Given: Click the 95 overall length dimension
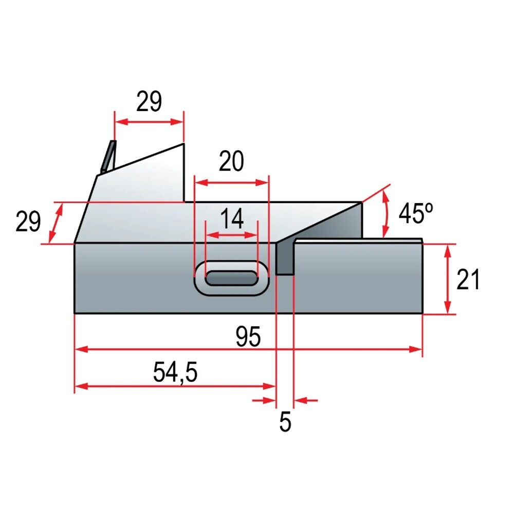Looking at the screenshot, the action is pyautogui.click(x=248, y=337).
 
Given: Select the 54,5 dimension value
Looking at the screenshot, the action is pyautogui.click(x=175, y=373).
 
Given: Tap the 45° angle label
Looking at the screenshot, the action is pyautogui.click(x=416, y=213).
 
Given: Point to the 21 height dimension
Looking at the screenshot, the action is pyautogui.click(x=468, y=279).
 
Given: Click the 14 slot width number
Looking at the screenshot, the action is pyautogui.click(x=232, y=218).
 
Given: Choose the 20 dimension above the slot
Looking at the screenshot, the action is pyautogui.click(x=231, y=161).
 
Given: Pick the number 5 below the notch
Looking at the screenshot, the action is pyautogui.click(x=285, y=422).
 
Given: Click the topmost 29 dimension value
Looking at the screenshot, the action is pyautogui.click(x=149, y=101).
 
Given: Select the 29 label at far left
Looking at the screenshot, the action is pyautogui.click(x=28, y=222).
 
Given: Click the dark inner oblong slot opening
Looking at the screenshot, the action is pyautogui.click(x=232, y=278).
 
